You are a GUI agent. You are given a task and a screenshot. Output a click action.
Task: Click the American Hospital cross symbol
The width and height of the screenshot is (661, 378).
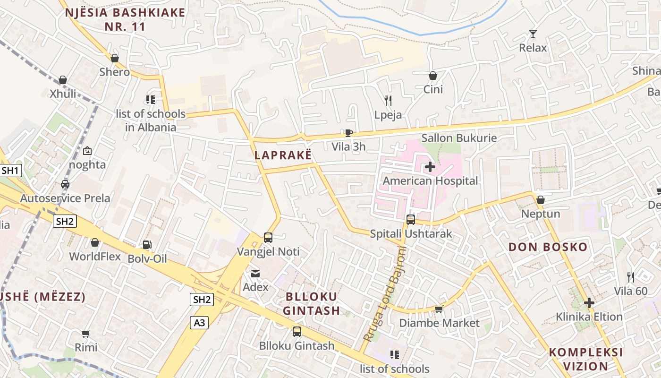click(x=430, y=166)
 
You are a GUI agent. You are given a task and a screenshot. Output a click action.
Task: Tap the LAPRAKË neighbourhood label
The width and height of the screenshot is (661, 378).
click(x=283, y=155)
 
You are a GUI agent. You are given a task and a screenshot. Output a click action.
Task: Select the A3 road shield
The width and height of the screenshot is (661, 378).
click(x=200, y=323)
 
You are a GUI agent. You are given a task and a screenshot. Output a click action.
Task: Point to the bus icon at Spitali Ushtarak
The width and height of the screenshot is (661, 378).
click(x=411, y=220)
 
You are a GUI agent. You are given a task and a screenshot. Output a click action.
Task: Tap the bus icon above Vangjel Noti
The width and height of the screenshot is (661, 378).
click(x=268, y=237)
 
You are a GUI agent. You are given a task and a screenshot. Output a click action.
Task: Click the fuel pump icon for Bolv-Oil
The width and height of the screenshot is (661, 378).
click(x=147, y=245)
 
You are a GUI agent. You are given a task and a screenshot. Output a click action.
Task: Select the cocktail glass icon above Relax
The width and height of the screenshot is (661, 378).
click(x=533, y=34)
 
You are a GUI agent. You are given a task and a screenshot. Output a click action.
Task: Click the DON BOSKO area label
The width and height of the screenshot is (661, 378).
click(x=541, y=247)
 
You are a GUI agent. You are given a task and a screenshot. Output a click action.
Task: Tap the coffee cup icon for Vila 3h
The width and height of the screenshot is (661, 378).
click(x=348, y=133)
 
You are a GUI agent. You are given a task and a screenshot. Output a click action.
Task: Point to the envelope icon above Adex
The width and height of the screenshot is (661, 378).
click(x=255, y=273)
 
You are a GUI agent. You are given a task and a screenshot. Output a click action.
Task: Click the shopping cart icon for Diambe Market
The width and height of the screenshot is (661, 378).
click(x=439, y=309)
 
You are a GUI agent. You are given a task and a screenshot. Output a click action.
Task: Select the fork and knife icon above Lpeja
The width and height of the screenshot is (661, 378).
click(x=388, y=100)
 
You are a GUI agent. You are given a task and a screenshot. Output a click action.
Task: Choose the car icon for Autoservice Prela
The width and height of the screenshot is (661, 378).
click(x=65, y=184)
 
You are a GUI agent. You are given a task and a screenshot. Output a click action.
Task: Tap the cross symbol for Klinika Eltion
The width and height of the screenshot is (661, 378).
click(x=589, y=302)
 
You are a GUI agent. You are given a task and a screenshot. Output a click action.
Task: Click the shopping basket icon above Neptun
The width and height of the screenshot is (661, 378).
click(x=541, y=200)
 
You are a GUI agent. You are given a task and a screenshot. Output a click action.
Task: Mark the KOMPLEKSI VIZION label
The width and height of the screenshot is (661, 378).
click(x=585, y=359)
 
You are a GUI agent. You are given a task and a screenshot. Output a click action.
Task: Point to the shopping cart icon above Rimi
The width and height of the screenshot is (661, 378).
click(x=85, y=334)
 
